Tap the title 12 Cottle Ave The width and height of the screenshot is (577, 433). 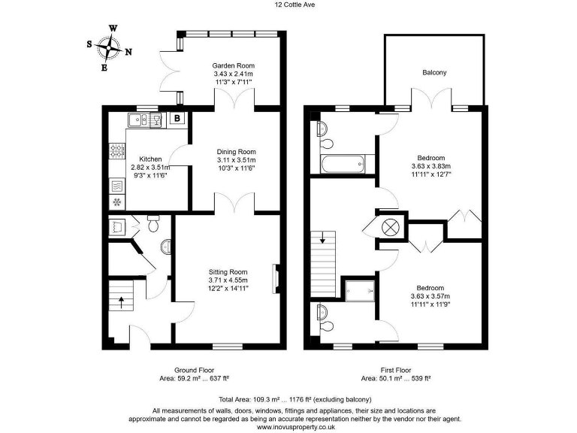(x=288, y=5)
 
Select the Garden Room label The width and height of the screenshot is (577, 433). (x=234, y=66)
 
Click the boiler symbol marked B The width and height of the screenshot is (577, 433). (x=177, y=118)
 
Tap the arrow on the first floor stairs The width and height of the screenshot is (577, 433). (x=324, y=241)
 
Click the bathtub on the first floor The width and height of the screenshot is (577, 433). (x=343, y=163)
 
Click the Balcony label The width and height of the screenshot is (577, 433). (x=434, y=73)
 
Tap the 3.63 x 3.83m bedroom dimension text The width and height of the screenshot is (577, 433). (x=431, y=166)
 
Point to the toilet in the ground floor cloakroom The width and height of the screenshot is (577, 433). (x=153, y=223)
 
